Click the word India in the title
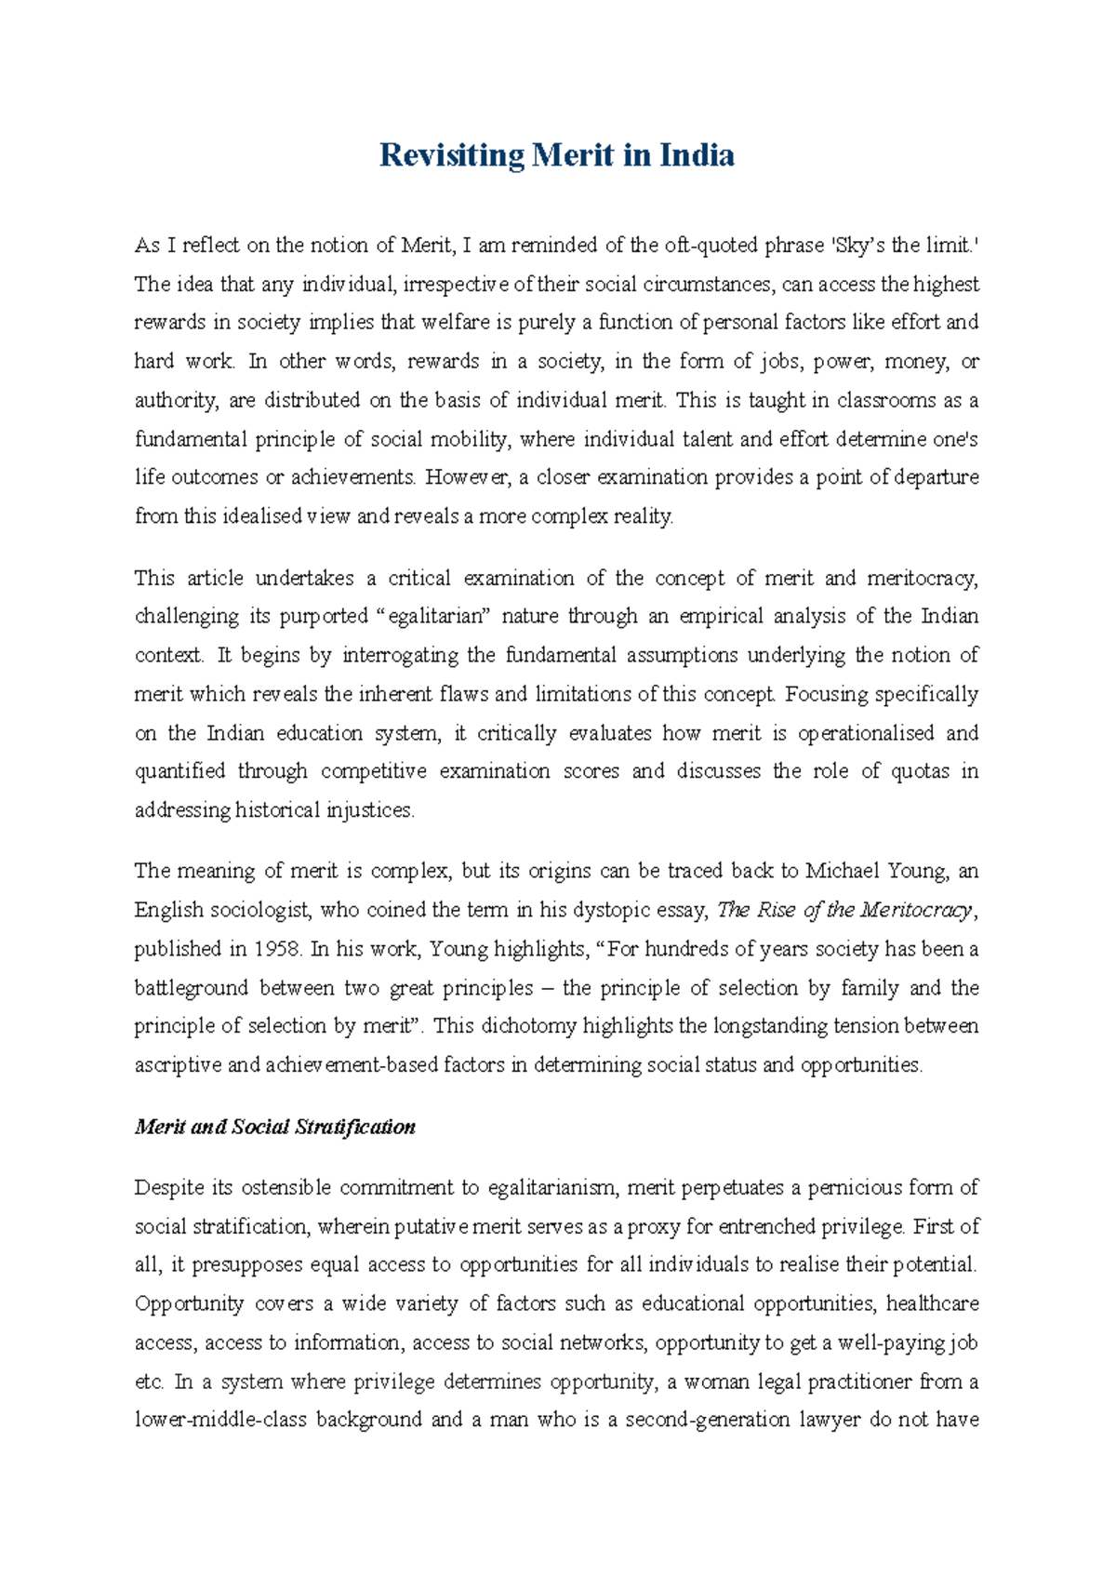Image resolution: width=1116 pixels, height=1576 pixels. click(x=697, y=155)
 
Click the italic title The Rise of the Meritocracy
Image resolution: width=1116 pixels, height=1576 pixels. click(x=844, y=910)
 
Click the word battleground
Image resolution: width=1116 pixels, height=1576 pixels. click(x=191, y=988)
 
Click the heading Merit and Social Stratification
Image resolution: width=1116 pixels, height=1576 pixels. click(x=275, y=1127)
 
